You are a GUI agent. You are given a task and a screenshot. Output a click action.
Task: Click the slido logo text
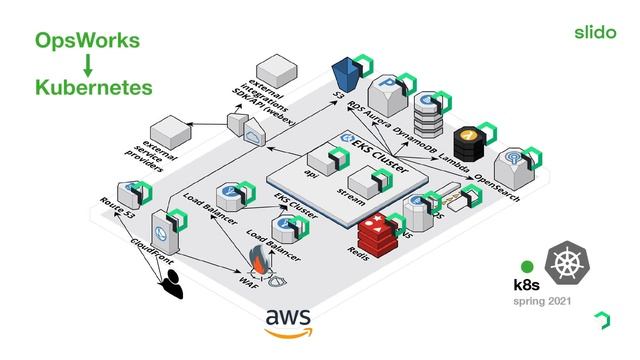596,32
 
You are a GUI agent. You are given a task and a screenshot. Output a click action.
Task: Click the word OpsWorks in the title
87,42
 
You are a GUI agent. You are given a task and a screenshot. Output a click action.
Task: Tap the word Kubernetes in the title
93,88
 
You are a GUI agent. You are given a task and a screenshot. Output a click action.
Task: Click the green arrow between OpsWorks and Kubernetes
87,65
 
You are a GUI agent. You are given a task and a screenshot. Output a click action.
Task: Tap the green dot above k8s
527,267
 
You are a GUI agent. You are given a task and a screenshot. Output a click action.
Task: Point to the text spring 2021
543,300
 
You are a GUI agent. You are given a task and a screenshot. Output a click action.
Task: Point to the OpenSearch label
497,186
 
